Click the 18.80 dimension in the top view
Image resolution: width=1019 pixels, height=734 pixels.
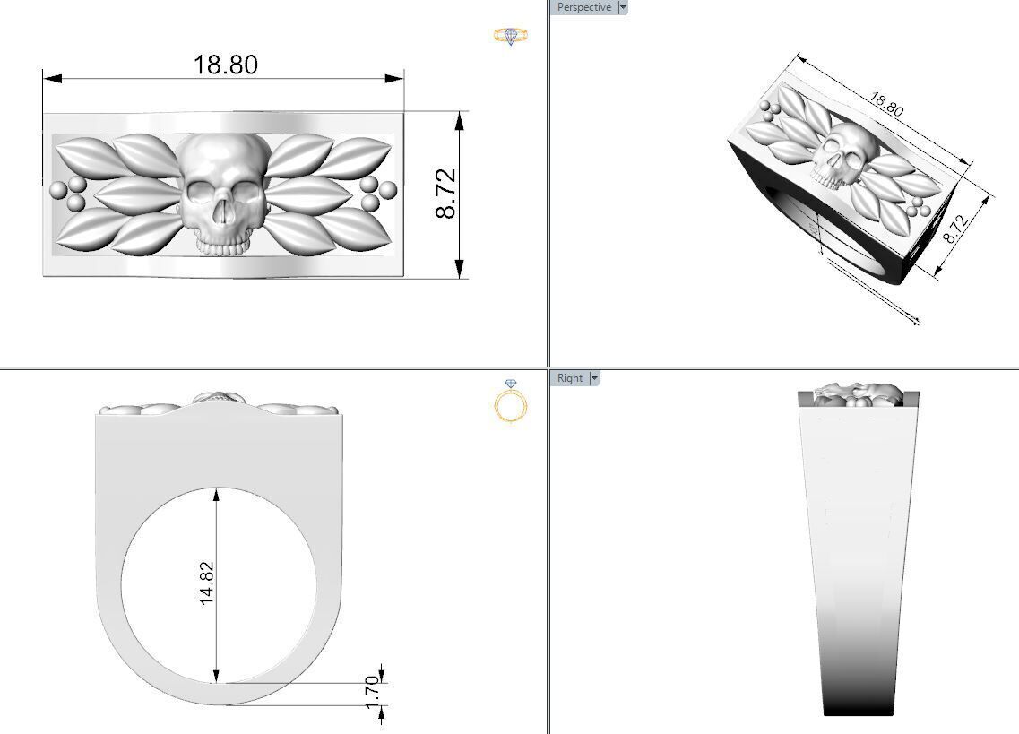click(x=225, y=65)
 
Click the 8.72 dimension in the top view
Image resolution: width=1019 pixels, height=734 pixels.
click(x=446, y=194)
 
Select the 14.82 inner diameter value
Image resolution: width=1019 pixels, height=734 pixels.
click(x=207, y=583)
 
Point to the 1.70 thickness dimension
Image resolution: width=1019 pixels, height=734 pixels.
click(x=374, y=692)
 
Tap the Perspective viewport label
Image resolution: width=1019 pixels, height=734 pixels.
click(x=583, y=7)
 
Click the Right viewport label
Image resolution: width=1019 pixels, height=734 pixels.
click(x=570, y=378)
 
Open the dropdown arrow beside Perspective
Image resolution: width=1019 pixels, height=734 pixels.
click(x=624, y=7)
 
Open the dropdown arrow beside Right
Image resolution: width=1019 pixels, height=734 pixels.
click(x=593, y=378)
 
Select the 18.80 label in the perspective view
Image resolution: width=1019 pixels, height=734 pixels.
click(x=885, y=105)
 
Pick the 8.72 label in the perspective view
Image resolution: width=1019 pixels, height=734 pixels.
click(x=955, y=229)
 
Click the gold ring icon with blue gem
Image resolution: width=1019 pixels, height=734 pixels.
click(x=511, y=36)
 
